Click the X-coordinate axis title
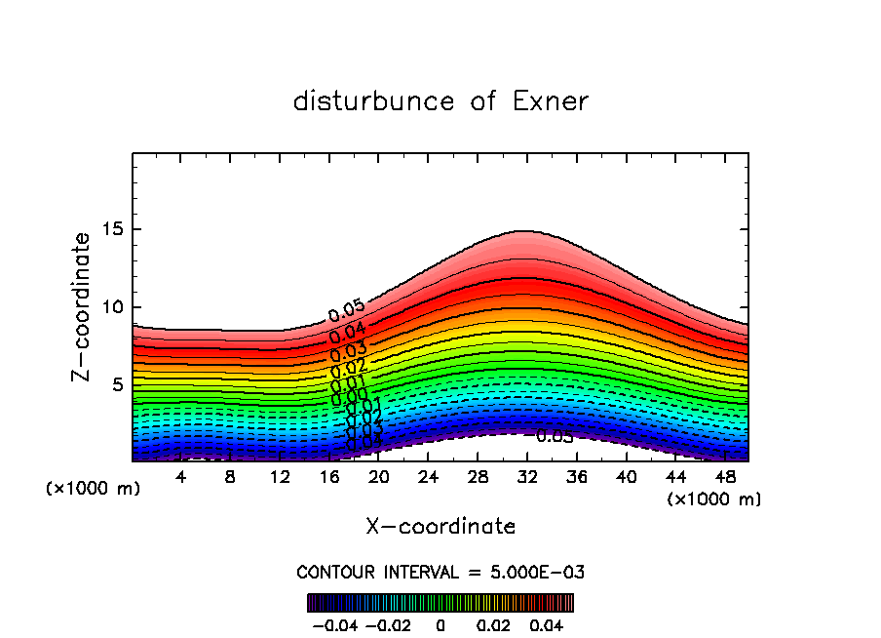click(440, 527)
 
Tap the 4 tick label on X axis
click(181, 477)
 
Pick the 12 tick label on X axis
click(280, 477)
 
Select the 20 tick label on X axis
click(379, 477)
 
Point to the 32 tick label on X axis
click(527, 477)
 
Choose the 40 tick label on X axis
click(626, 477)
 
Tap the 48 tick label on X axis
click(725, 477)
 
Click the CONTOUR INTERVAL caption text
click(440, 572)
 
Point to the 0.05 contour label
click(346, 312)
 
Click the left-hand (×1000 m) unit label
click(94, 488)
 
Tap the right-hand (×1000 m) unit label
click(714, 499)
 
